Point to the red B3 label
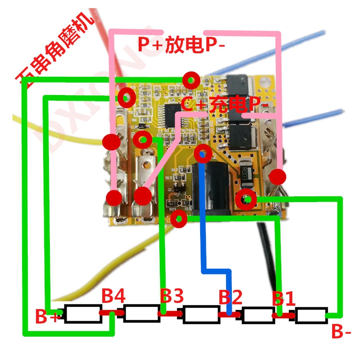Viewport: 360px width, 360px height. click(171, 296)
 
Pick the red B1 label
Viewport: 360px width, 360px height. click(284, 299)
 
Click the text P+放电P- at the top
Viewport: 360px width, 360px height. click(181, 45)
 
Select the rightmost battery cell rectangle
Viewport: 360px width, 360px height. click(311, 315)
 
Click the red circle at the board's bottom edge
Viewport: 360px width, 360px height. click(180, 219)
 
